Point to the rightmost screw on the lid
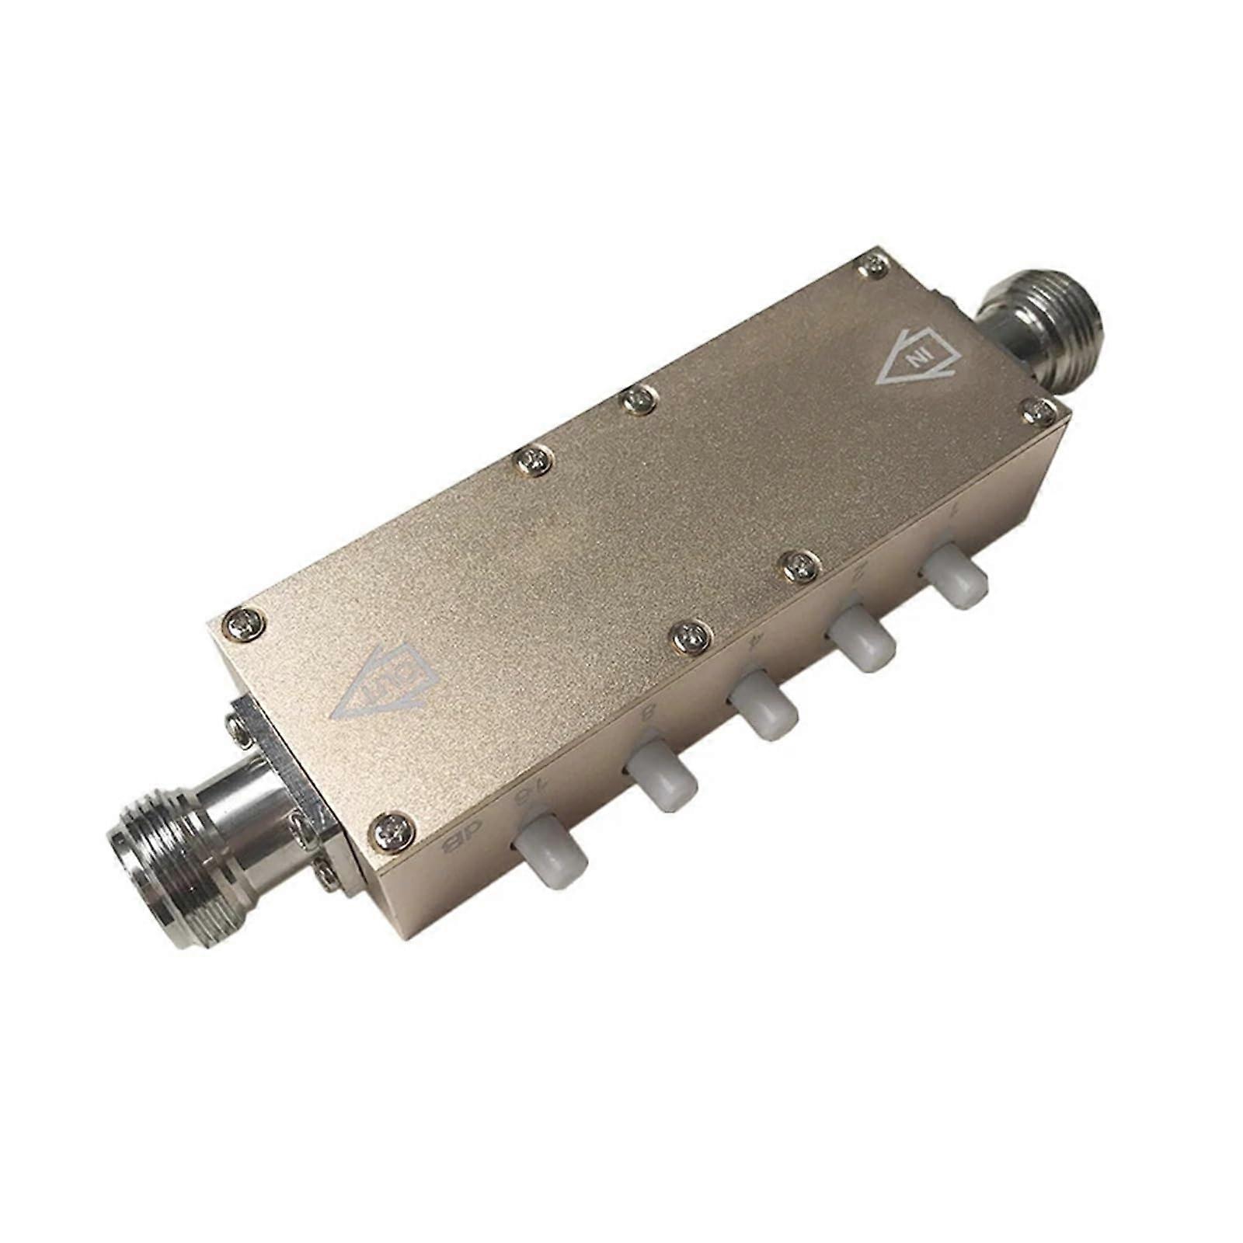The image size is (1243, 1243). pyautogui.click(x=1042, y=411)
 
